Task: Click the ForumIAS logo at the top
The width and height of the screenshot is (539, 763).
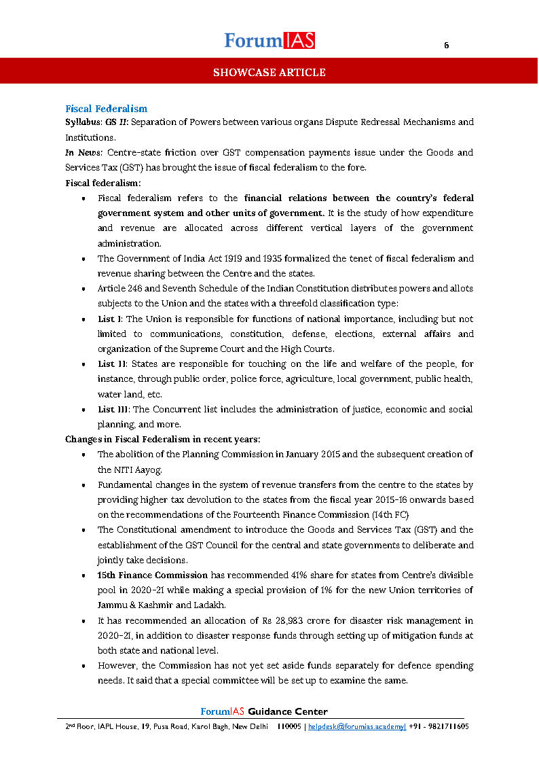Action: pyautogui.click(x=269, y=41)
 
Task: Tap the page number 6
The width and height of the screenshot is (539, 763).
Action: pyautogui.click(x=446, y=46)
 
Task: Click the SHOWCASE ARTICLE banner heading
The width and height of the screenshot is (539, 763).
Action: pyautogui.click(x=269, y=72)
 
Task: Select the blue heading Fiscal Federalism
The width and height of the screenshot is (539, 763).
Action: pyautogui.click(x=106, y=109)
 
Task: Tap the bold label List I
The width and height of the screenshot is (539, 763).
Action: pyautogui.click(x=109, y=319)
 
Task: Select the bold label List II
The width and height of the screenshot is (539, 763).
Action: pyautogui.click(x=111, y=364)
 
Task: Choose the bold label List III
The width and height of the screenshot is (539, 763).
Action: pyautogui.click(x=113, y=409)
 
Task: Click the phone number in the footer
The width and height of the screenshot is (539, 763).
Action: pyautogui.click(x=439, y=726)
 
